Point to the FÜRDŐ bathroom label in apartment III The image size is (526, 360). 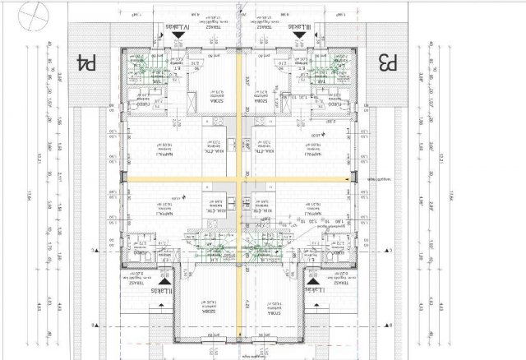coord(335,104)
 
